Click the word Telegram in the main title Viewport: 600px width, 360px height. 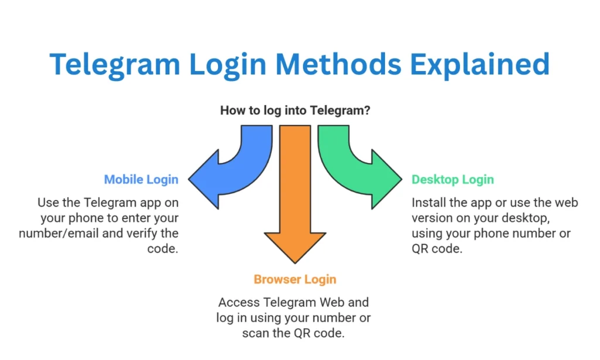115,65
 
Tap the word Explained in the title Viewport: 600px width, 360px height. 480,65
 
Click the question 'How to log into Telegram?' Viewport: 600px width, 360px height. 295,110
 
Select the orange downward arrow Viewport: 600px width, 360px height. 295,192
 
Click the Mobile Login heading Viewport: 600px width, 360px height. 141,179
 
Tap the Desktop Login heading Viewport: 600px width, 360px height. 453,179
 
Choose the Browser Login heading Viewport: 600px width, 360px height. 295,280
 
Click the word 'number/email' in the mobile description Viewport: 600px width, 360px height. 59,233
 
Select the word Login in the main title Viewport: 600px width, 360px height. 228,65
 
